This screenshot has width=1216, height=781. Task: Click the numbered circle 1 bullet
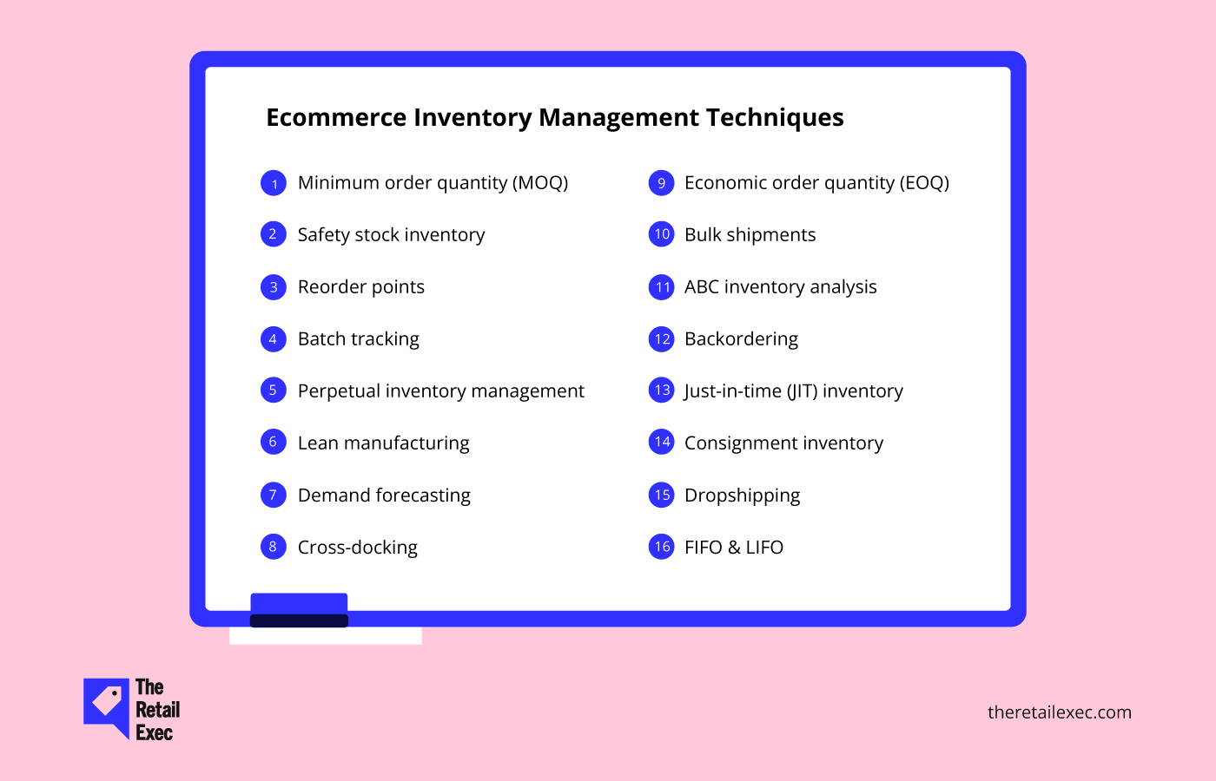[274, 183]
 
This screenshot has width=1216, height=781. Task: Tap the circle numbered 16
[661, 547]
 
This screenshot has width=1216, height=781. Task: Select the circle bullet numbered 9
[661, 183]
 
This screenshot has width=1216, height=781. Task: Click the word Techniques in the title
[775, 118]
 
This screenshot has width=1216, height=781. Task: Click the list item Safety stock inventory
[391, 235]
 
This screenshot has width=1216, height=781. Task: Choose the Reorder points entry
[361, 287]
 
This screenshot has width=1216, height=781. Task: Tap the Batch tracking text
[358, 339]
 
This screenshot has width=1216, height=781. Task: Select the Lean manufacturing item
[383, 443]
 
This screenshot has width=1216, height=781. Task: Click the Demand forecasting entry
[384, 496]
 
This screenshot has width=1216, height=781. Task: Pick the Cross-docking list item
[358, 548]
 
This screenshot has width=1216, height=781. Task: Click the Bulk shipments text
[750, 235]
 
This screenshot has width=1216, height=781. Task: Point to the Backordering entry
[741, 339]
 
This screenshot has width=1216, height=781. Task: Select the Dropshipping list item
[742, 496]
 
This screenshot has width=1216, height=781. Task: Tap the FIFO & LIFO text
[733, 548]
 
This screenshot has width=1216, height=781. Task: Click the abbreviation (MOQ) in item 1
[540, 183]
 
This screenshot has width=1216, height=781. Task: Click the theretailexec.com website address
[1059, 712]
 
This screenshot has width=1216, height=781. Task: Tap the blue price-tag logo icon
[106, 705]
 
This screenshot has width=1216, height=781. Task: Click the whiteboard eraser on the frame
[299, 610]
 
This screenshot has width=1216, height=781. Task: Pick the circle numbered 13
[661, 390]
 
